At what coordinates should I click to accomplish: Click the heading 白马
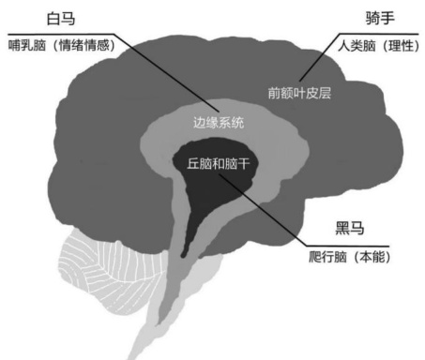(61, 19)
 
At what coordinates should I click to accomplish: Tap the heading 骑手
(380, 18)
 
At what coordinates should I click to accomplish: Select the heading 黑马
(350, 228)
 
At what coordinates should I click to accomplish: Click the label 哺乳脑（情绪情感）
(62, 46)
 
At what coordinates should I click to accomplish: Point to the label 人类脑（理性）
(378, 46)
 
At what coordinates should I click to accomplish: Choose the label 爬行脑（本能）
(350, 257)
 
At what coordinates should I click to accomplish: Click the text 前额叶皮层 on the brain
(299, 93)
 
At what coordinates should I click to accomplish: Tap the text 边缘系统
(219, 122)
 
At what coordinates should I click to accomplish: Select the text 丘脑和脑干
(219, 163)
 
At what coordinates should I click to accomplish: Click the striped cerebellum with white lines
(103, 275)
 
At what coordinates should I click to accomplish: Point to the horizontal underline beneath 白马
(61, 34)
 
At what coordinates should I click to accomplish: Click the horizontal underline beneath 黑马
(347, 247)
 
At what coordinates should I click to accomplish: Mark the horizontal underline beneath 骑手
(379, 34)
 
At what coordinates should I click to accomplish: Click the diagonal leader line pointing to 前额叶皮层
(320, 57)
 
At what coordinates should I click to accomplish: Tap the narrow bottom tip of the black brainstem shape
(183, 256)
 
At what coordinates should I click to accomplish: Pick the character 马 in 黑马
(357, 228)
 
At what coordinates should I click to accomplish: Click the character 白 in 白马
(53, 19)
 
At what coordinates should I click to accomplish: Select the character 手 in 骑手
(387, 18)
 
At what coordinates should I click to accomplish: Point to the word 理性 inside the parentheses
(401, 46)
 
